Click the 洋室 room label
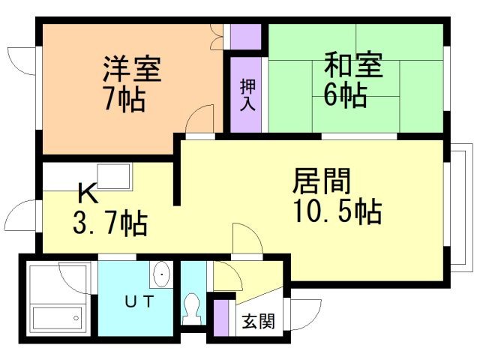pyautogui.click(x=132, y=68)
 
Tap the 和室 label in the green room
pyautogui.click(x=354, y=65)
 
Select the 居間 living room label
pyautogui.click(x=322, y=181)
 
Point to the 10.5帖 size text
pyautogui.click(x=337, y=211)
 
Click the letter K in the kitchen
pyautogui.click(x=88, y=193)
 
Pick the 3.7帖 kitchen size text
pyautogui.click(x=110, y=223)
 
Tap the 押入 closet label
pyautogui.click(x=247, y=95)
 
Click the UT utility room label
pyautogui.click(x=139, y=301)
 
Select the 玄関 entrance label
pyautogui.click(x=258, y=321)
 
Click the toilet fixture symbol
pyautogui.click(x=193, y=308)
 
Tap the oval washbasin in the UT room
pyautogui.click(x=161, y=274)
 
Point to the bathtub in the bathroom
pyautogui.click(x=57, y=318)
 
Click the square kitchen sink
pyautogui.click(x=113, y=177)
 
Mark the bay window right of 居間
pyautogui.click(x=458, y=208)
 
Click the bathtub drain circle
pyautogui.click(x=76, y=318)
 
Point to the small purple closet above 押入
pyautogui.click(x=245, y=37)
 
